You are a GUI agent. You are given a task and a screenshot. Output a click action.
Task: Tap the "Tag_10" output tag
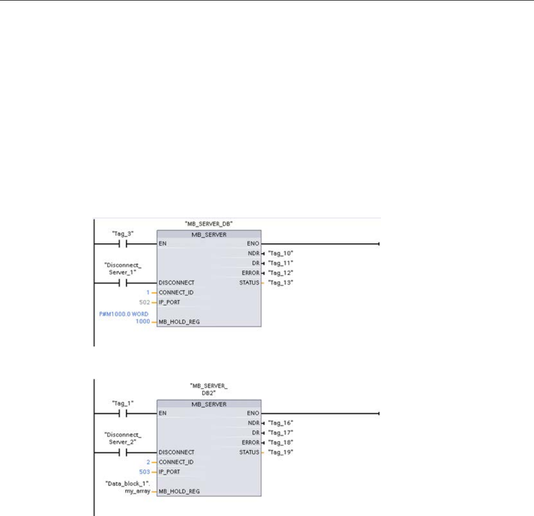pyautogui.click(x=281, y=252)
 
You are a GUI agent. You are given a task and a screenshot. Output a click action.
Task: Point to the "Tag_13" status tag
pyautogui.click(x=281, y=282)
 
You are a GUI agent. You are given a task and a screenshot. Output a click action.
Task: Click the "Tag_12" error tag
pyautogui.click(x=281, y=273)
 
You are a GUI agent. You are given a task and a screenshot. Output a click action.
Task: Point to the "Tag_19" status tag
pyautogui.click(x=281, y=452)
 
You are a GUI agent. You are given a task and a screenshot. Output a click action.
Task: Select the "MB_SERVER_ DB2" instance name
pyautogui.click(x=209, y=389)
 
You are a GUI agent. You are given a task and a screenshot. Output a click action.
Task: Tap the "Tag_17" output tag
pyautogui.click(x=281, y=432)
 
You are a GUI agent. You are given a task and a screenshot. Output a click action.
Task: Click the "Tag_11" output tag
pyautogui.click(x=281, y=263)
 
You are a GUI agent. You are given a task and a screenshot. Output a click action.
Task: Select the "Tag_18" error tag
pyautogui.click(x=281, y=442)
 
